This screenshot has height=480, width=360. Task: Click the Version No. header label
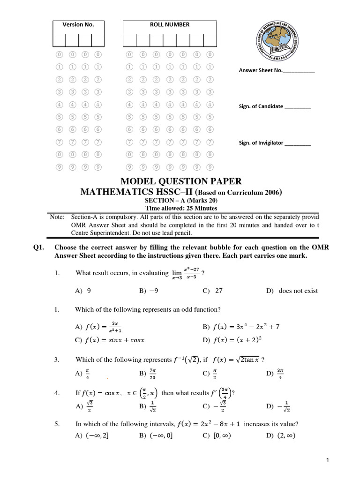click(x=78, y=25)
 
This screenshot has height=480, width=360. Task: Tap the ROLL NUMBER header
click(x=169, y=25)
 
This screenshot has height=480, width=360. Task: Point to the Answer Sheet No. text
click(x=277, y=70)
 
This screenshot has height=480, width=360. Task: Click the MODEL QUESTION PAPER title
click(x=181, y=181)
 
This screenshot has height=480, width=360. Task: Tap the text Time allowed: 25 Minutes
click(x=181, y=209)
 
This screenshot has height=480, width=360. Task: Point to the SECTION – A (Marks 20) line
click(x=181, y=201)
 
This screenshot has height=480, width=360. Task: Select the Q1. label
click(x=39, y=247)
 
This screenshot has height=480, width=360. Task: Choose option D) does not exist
click(x=292, y=291)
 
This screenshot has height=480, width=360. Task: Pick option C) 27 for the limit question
click(x=212, y=291)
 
